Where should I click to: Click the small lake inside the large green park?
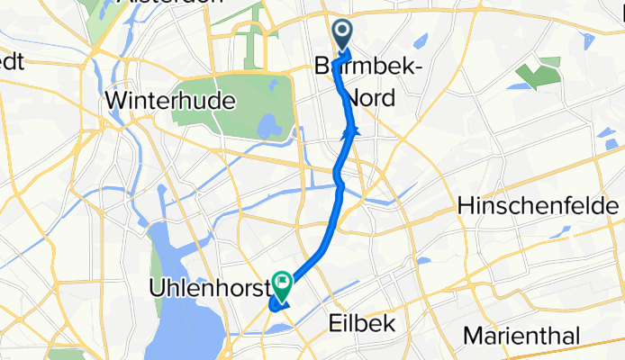pyautogui.click(x=267, y=126)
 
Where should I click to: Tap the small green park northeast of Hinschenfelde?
pyautogui.click(x=539, y=73)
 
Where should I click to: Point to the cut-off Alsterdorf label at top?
pyautogui.click(x=171, y=4)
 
